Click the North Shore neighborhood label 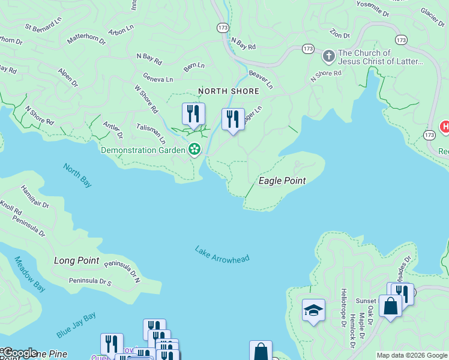pos(229,91)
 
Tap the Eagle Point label pos(282,181)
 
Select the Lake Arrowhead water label pos(221,253)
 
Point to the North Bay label pos(77,176)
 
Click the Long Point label pos(76,260)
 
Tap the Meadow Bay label pos(29,274)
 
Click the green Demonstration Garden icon pos(194,149)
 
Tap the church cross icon pos(328,57)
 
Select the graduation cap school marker pos(313,310)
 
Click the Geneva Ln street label pos(158,79)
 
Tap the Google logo pos(19,353)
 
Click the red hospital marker pos(445,127)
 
